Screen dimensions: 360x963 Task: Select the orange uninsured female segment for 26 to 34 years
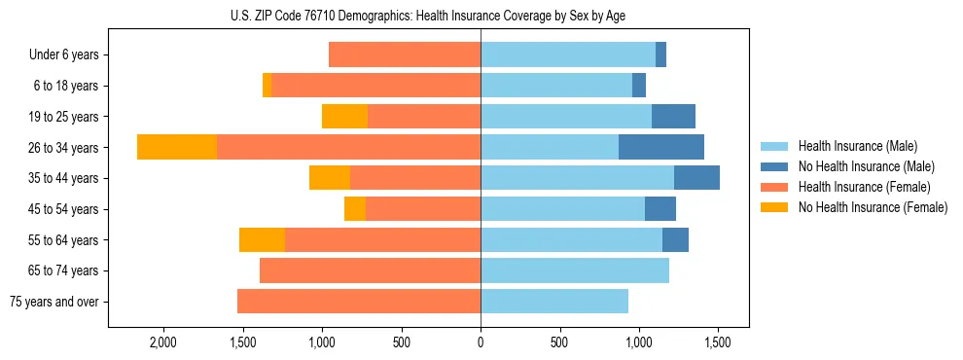coord(177,147)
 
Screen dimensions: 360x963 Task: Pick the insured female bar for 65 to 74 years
coord(370,270)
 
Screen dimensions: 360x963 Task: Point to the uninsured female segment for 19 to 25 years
coord(344,117)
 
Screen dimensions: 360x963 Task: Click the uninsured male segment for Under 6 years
coord(660,54)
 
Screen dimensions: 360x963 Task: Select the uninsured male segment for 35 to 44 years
coord(696,178)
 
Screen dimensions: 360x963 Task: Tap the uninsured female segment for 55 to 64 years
coord(262,239)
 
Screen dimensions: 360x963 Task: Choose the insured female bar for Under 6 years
coord(405,54)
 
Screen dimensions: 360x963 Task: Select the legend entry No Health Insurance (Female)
coord(872,207)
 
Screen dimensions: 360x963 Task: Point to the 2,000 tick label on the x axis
coord(162,343)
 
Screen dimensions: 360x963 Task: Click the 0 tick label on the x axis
coord(481,343)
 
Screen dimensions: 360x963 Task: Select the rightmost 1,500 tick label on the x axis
coord(718,343)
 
